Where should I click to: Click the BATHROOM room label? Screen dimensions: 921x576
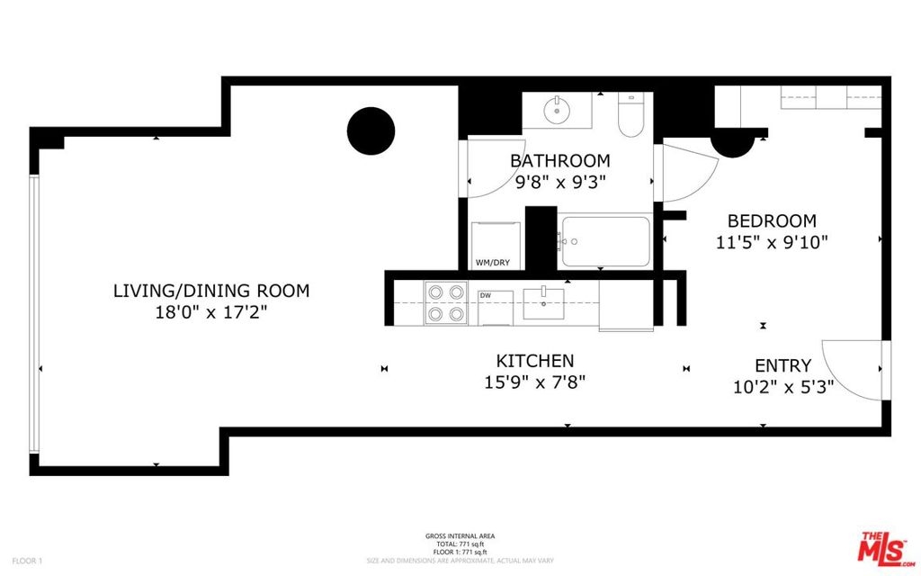tap(559, 160)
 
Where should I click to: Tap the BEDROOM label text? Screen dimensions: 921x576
tap(772, 221)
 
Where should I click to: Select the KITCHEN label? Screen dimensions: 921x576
tap(535, 361)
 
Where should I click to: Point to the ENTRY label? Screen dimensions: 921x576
tap(783, 365)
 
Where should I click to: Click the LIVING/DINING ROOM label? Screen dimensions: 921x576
tap(211, 291)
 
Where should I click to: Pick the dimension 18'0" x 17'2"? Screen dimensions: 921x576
tap(211, 312)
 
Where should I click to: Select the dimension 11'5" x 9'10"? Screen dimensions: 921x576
tap(772, 242)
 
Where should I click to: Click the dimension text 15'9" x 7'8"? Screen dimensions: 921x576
tap(535, 382)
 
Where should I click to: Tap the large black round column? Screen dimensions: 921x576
tap(371, 130)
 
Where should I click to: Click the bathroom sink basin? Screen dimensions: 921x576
tap(555, 110)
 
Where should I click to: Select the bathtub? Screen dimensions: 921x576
tap(605, 241)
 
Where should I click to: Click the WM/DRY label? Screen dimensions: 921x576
tap(493, 263)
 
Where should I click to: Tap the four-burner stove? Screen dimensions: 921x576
tap(446, 303)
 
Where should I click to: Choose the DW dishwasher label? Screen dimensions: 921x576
tap(485, 295)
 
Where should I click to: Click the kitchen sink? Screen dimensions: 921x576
tap(544, 304)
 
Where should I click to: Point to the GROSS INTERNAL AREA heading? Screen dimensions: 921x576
tap(460, 536)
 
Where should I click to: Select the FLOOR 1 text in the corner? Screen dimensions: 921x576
tap(27, 562)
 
